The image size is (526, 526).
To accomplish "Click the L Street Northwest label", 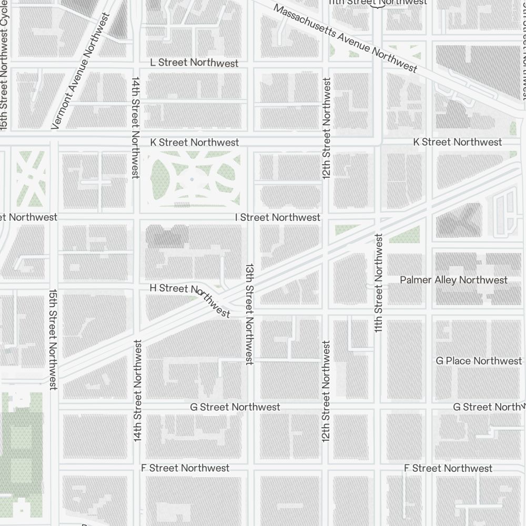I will click(194, 63).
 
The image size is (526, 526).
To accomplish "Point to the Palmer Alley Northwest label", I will click(453, 280).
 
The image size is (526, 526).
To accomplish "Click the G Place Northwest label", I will click(479, 361).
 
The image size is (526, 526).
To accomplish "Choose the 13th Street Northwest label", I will click(249, 313).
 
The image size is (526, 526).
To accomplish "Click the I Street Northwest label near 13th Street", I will click(277, 217).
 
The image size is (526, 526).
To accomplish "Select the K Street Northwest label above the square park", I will click(194, 142).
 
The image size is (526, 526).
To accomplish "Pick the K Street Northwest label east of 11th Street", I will click(457, 142).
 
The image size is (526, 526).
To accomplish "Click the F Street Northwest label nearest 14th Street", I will click(185, 468).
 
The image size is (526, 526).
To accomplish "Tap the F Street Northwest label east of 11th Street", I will click(448, 468).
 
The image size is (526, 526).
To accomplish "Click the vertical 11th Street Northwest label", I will click(378, 282).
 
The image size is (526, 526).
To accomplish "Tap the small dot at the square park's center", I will click(191, 179).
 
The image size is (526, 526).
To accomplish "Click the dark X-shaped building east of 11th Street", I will click(458, 219).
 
